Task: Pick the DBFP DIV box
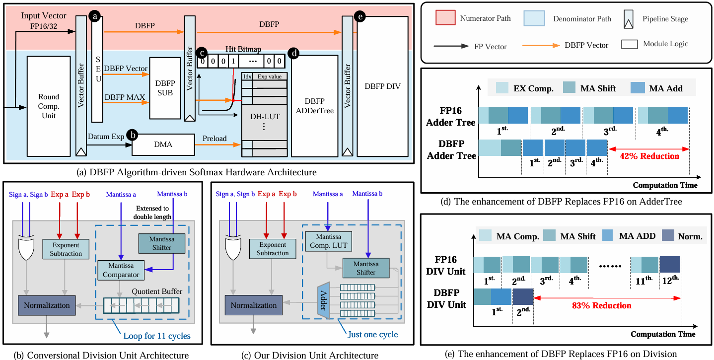(x=382, y=86)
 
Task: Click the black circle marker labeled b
(x=132, y=135)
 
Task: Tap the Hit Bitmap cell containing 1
(x=233, y=62)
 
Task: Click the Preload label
(x=214, y=139)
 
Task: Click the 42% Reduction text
(x=649, y=156)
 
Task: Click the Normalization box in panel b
(x=47, y=305)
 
